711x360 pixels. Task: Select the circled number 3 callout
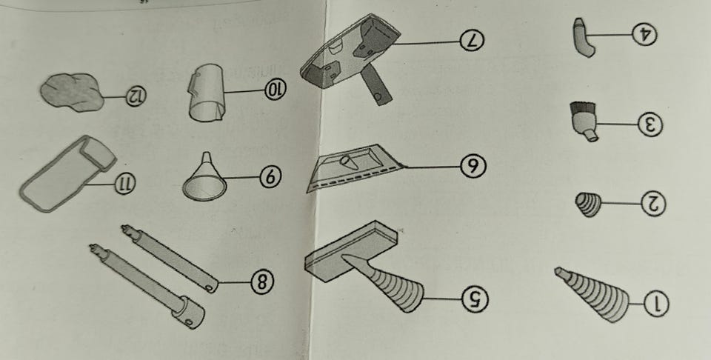point(650,124)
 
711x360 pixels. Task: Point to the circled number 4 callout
point(644,35)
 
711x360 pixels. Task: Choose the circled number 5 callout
point(475,299)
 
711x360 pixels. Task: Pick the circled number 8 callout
point(262,281)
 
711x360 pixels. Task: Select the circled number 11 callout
point(124,184)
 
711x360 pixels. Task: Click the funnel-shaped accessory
point(204,179)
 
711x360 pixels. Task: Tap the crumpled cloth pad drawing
point(73,92)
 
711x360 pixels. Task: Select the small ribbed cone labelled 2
point(589,204)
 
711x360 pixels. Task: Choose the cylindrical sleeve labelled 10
point(207,93)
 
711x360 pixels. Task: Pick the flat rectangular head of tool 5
point(351,250)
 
